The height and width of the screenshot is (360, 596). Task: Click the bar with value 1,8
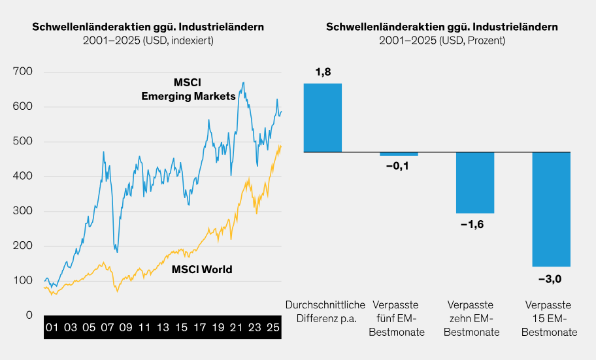[322, 118]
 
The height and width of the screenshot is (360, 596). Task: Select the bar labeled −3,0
[551, 209]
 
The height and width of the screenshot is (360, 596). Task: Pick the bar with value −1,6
[475, 182]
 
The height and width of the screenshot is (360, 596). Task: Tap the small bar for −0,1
[399, 154]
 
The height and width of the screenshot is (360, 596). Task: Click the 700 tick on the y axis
[23, 72]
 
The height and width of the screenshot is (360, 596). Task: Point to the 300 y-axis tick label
[23, 211]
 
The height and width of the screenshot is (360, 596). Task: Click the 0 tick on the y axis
[29, 315]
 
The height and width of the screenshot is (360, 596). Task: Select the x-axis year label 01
[52, 327]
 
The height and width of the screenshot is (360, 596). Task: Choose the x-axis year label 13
[163, 327]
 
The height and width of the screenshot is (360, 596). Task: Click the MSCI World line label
[201, 269]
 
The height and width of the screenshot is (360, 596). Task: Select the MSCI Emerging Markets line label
[188, 90]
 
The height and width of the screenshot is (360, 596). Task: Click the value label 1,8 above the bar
[322, 73]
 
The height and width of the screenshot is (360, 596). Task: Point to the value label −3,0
[551, 279]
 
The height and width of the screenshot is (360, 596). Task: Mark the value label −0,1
[399, 167]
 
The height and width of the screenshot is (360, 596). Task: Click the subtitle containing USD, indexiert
[148, 41]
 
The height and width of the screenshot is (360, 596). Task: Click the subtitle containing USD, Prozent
[442, 41]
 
